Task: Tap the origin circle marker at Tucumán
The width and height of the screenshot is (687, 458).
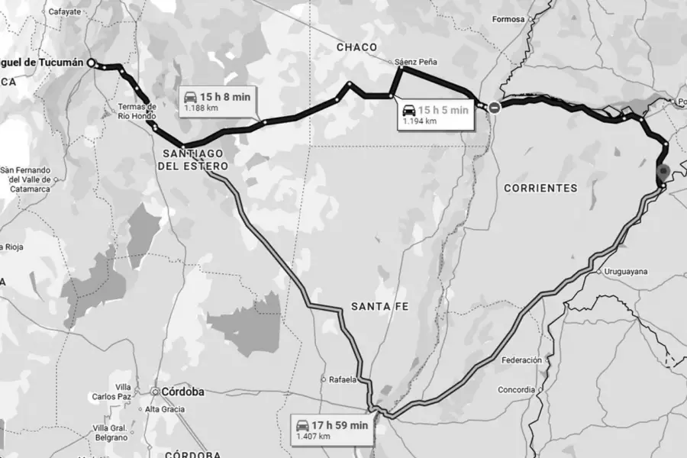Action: tap(91, 63)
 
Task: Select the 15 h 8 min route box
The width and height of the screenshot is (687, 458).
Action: tap(217, 102)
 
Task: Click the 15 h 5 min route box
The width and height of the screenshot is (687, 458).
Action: tap(436, 114)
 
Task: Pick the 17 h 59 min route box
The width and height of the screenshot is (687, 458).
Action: tap(332, 430)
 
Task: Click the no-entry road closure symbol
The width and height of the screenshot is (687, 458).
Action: tap(495, 108)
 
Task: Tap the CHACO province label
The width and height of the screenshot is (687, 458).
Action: tap(357, 47)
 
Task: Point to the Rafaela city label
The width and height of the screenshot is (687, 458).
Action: tap(342, 379)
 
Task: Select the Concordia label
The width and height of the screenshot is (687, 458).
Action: tap(516, 389)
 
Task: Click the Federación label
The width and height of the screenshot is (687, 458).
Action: tap(521, 360)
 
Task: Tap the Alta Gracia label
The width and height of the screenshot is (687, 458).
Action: tap(165, 409)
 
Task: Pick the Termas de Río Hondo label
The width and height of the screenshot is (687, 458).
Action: tap(137, 111)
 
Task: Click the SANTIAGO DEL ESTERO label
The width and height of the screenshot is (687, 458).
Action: tap(194, 158)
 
